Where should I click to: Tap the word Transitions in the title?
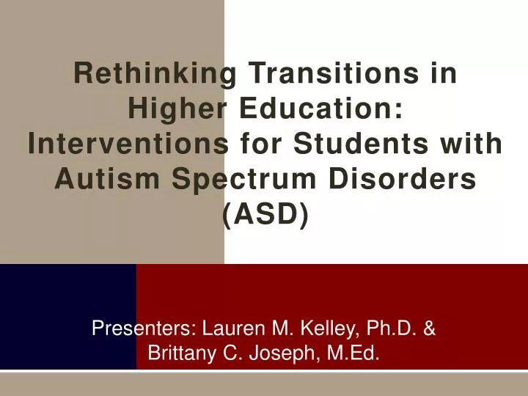(x=353, y=74)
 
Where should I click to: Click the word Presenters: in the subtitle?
(x=143, y=329)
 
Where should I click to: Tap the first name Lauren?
(x=230, y=329)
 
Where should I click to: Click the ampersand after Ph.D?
(x=430, y=329)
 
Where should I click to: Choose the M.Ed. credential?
(x=353, y=354)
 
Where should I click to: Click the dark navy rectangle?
(x=67, y=316)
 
